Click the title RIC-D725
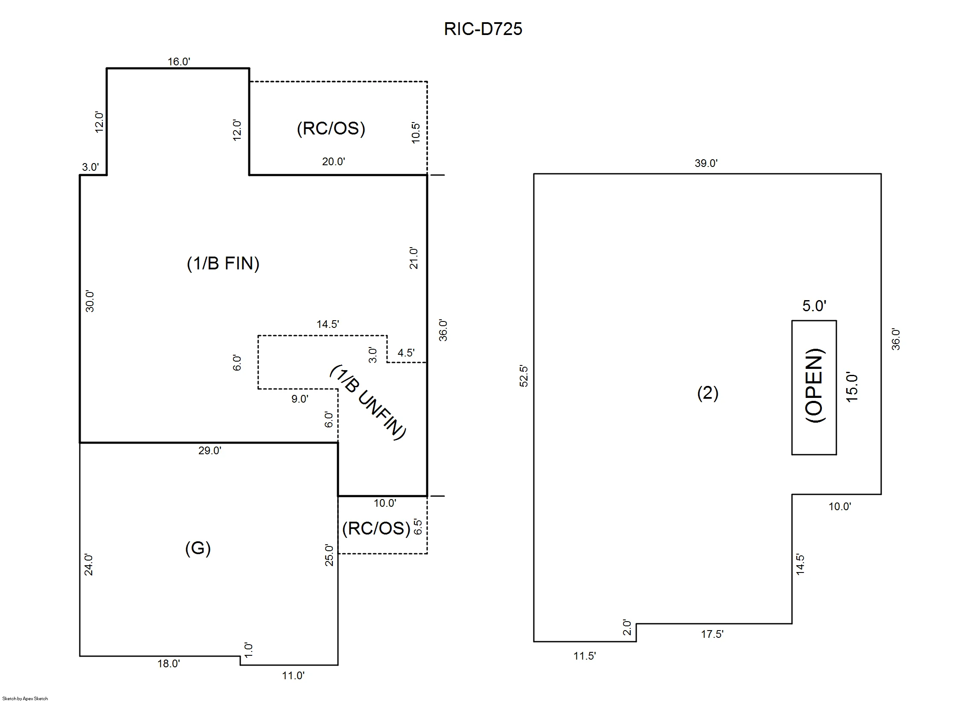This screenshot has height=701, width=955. pos(483,29)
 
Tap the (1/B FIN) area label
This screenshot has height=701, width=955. pos(223,263)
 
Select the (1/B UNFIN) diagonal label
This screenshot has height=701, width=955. pos(368,402)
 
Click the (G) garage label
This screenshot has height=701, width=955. pos(198,548)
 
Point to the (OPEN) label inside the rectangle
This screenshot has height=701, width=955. pos(814,386)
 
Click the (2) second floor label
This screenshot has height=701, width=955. pos(708,393)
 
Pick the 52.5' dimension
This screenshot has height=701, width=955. pos(524,376)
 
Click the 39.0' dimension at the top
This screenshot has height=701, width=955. pos(706,163)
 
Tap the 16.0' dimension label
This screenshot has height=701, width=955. pos(179,62)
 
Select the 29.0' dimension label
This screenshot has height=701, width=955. pos(210,450)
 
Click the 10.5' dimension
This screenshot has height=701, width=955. pos(416,133)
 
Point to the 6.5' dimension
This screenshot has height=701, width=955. pos(418,527)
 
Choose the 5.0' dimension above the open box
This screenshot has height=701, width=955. pos(814,306)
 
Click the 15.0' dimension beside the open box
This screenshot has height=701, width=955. pos(851,387)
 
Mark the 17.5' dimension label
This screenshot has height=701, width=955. pos(712,634)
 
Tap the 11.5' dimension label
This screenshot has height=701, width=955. pos(585,656)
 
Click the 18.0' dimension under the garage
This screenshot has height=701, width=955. pos(169,663)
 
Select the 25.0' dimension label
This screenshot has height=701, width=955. pos(329,555)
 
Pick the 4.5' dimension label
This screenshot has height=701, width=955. pos(406,353)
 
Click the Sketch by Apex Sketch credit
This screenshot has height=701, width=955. pos(25,698)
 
